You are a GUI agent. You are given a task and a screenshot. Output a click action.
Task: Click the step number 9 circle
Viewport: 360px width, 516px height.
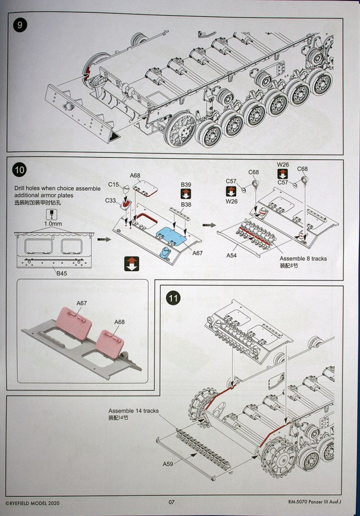click(20, 26)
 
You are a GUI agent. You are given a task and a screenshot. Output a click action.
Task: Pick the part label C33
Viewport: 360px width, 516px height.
click(111, 200)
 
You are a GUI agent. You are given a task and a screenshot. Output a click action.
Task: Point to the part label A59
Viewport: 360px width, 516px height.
click(168, 464)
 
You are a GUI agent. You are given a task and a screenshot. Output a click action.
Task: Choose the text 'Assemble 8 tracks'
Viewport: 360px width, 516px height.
click(303, 258)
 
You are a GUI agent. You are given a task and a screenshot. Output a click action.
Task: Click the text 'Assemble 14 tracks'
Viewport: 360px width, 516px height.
click(133, 411)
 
